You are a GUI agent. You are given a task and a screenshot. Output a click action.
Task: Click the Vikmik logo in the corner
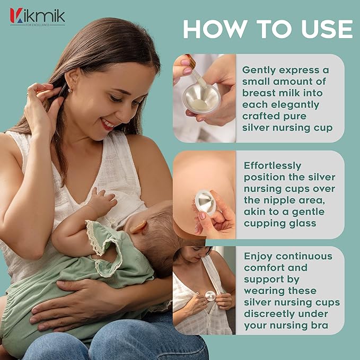tap(37, 16)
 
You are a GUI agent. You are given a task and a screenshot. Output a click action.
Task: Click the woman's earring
tap(69, 90)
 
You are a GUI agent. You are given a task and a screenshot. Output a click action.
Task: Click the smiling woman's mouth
tap(109, 125)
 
